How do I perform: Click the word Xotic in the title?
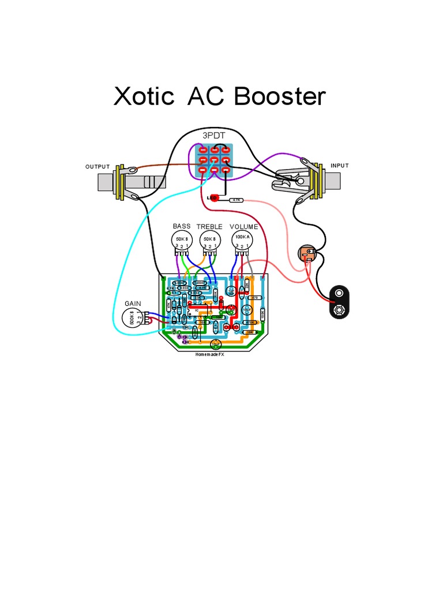pos(144,96)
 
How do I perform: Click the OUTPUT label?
pos(97,167)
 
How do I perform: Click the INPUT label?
pos(340,166)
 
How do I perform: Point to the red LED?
pos(215,198)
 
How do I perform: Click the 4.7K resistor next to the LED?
pos(236,200)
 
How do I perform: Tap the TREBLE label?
pos(209,227)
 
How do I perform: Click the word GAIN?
pos(133,304)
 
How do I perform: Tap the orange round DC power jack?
pos(307,253)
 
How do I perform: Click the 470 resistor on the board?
pos(254,298)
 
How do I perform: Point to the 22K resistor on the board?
pos(247,283)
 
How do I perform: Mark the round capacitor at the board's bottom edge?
pos(216,345)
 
